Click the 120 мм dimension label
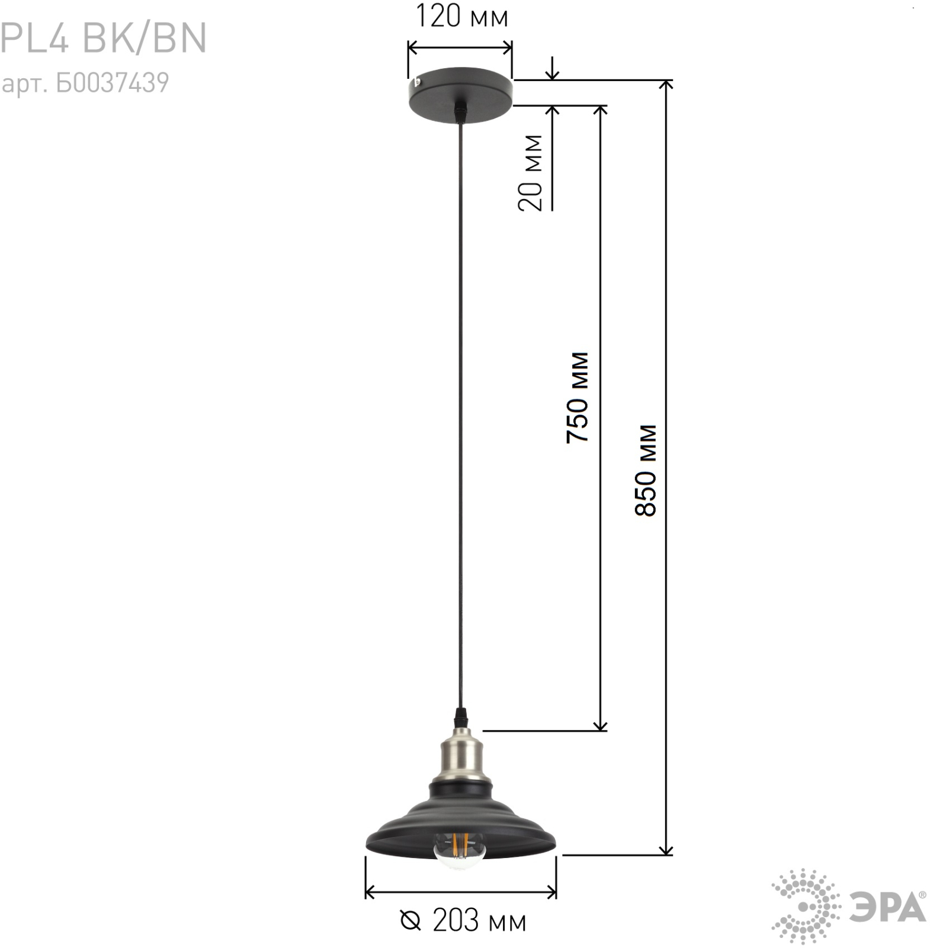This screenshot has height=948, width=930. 462,16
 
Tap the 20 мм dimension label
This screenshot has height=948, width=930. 530,172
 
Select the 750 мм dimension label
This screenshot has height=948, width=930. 578,398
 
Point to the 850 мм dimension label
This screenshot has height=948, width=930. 646,470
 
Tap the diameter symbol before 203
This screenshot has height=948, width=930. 411,921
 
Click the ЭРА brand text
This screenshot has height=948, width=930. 888,907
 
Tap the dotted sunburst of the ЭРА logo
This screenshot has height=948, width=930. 806,907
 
